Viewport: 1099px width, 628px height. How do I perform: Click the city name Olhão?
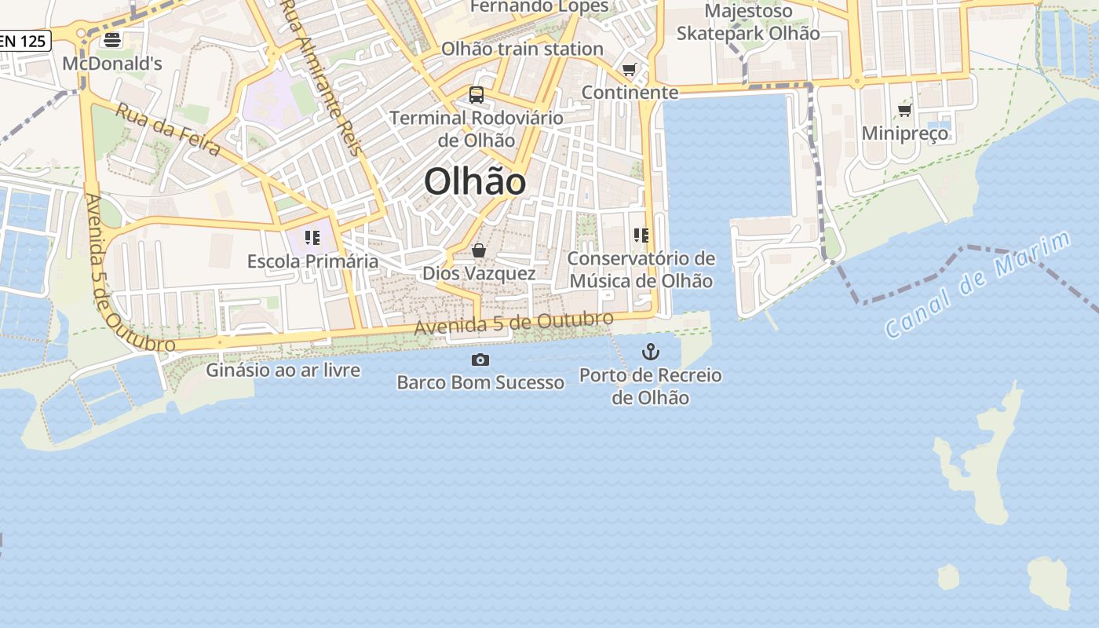(475, 182)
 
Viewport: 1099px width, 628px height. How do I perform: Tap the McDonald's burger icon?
(112, 40)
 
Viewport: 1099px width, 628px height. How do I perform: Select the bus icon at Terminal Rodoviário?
(476, 95)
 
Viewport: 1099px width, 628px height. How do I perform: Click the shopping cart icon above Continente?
(629, 70)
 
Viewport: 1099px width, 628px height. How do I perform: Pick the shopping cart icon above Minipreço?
(904, 111)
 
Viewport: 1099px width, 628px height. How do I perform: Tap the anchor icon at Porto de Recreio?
(651, 351)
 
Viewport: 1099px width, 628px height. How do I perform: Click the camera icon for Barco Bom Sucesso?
(480, 360)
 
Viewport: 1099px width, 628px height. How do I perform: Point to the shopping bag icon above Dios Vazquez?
(478, 250)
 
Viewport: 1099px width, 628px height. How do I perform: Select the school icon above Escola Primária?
(312, 237)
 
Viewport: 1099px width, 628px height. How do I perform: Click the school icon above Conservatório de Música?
(641, 235)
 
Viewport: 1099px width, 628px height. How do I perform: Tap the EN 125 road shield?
(24, 41)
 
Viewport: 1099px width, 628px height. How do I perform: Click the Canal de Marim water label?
(977, 284)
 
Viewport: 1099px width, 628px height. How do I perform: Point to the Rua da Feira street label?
(167, 129)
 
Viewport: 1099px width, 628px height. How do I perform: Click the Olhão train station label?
(522, 49)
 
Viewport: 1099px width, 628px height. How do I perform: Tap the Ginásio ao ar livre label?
(283, 370)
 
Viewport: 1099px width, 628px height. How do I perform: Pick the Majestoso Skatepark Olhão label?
(748, 22)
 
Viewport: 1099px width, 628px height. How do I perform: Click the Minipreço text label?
(905, 133)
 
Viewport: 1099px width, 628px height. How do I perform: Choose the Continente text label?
(630, 93)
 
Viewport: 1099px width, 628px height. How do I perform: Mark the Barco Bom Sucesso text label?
(480, 382)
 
